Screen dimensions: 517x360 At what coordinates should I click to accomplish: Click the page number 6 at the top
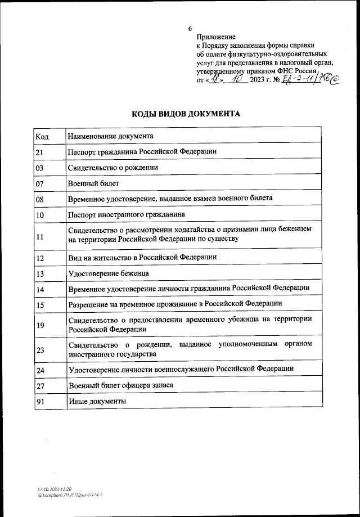click(190, 28)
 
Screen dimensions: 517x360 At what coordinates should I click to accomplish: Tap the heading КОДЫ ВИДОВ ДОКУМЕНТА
click(186, 114)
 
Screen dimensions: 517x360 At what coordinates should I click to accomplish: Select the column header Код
click(42, 136)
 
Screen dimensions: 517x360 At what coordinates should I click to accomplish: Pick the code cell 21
click(40, 152)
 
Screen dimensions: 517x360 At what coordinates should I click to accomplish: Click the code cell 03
click(40, 168)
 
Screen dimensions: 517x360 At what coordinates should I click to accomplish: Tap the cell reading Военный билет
click(93, 183)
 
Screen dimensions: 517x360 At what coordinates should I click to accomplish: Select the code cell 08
click(40, 199)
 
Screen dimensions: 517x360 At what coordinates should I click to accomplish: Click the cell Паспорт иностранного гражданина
click(127, 215)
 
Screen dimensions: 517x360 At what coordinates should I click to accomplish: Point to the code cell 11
click(40, 236)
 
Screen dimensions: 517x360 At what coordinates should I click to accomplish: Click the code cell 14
click(40, 289)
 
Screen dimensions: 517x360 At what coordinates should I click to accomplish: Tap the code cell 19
click(40, 325)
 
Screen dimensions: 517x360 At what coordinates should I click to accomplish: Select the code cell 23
click(40, 349)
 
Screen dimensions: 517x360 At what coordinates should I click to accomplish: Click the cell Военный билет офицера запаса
click(120, 385)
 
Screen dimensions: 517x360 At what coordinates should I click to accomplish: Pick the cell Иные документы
click(97, 401)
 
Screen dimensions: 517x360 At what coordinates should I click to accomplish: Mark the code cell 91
click(40, 401)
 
